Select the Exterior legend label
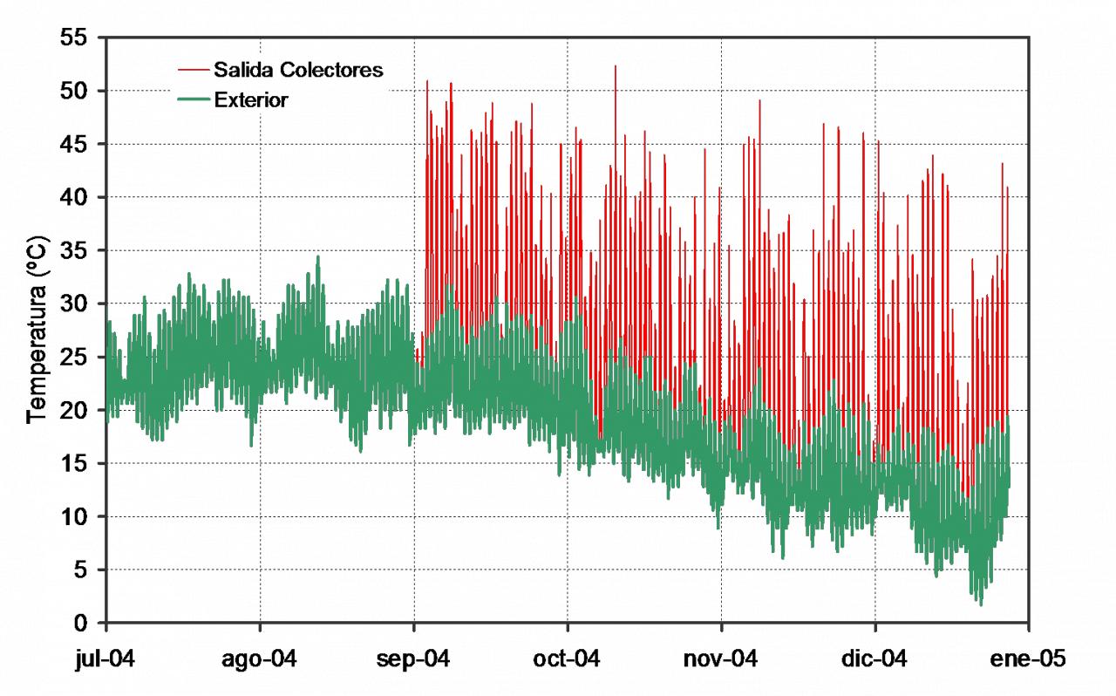(x=251, y=100)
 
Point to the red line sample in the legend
(x=193, y=70)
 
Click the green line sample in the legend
(x=193, y=100)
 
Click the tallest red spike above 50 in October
(x=615, y=67)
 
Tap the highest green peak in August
(x=317, y=257)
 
